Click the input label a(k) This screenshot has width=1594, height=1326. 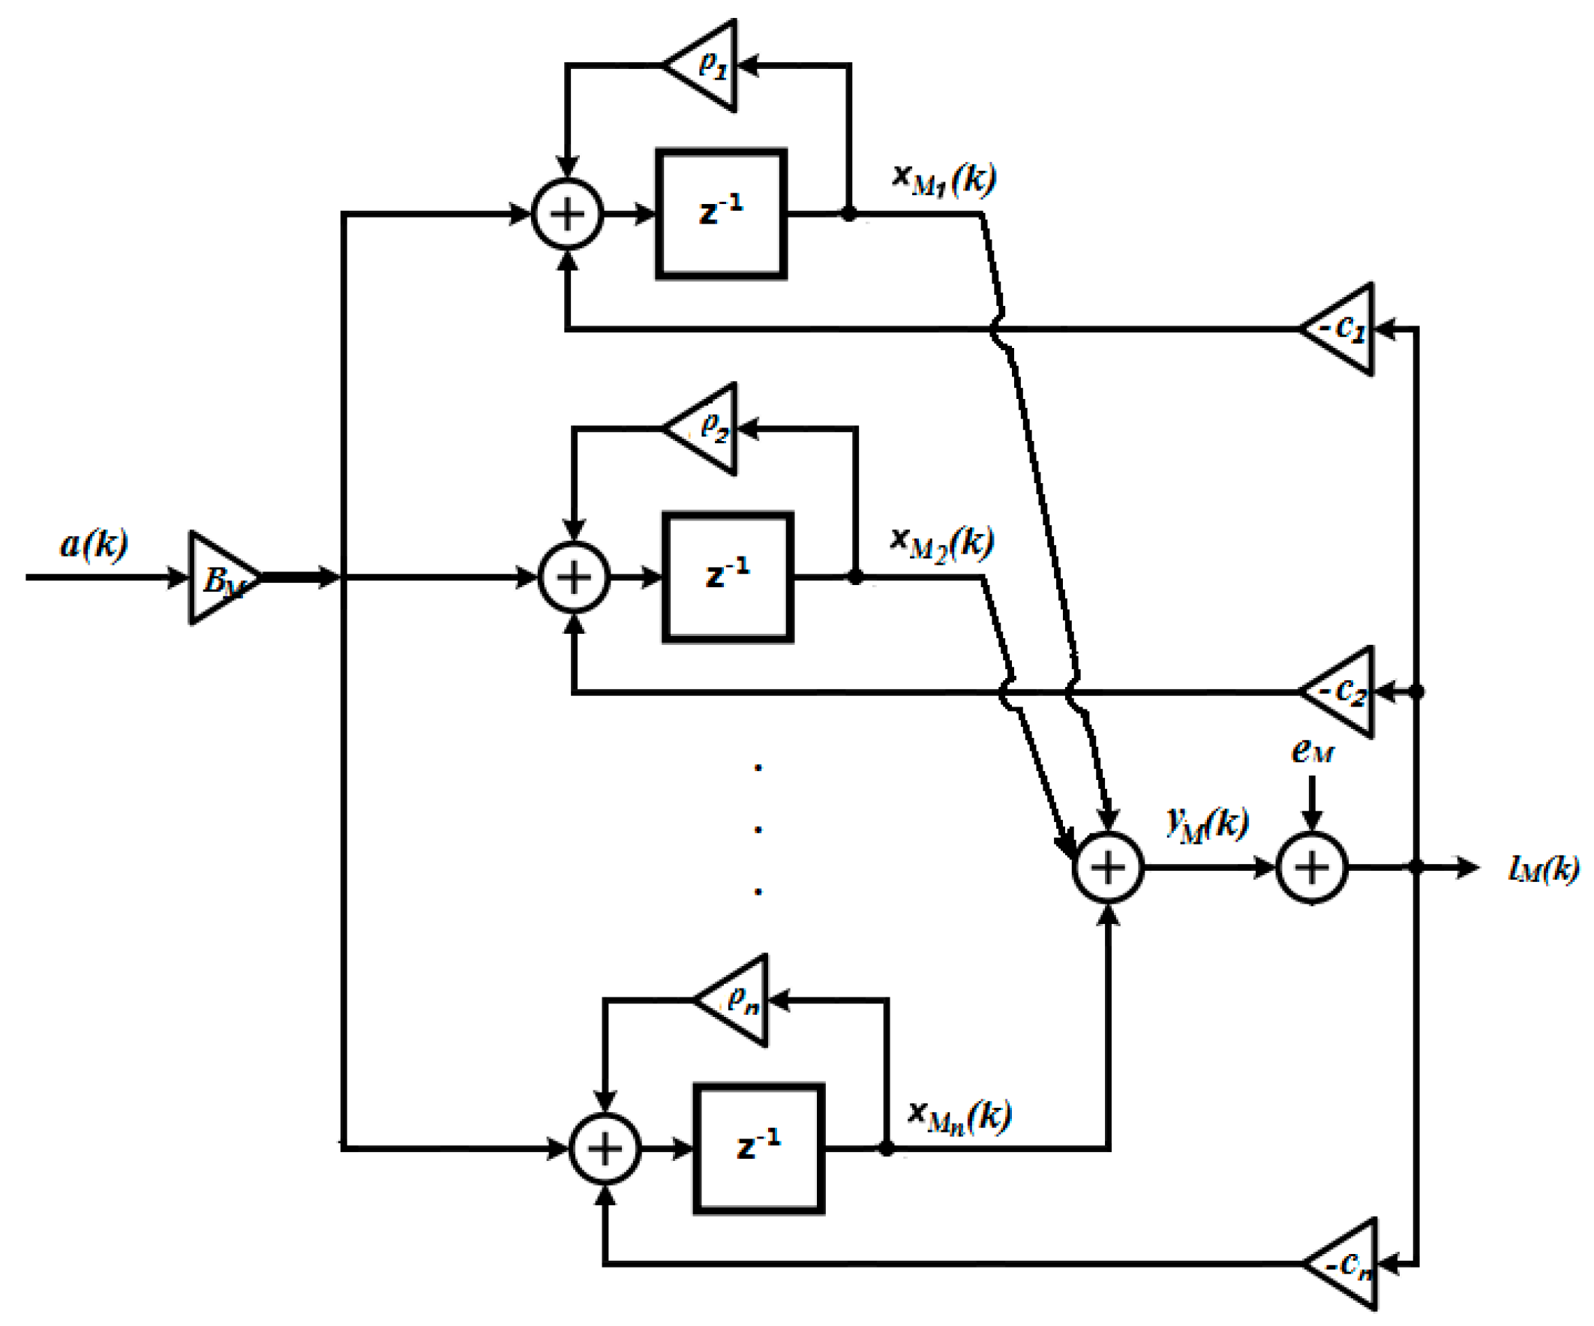94,544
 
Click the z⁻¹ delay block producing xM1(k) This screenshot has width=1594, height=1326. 721,214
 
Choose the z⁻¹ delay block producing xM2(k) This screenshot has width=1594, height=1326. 728,577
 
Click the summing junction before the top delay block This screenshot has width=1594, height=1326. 568,214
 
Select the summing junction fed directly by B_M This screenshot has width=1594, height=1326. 574,577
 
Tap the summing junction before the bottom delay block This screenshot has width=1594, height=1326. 605,1148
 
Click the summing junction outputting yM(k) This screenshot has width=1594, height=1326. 1108,867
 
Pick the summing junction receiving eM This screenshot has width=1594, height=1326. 1313,867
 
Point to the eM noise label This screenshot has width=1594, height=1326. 1313,751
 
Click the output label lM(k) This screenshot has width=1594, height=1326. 1543,868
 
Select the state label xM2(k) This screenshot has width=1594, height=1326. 942,542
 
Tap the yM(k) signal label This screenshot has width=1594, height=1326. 1207,823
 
